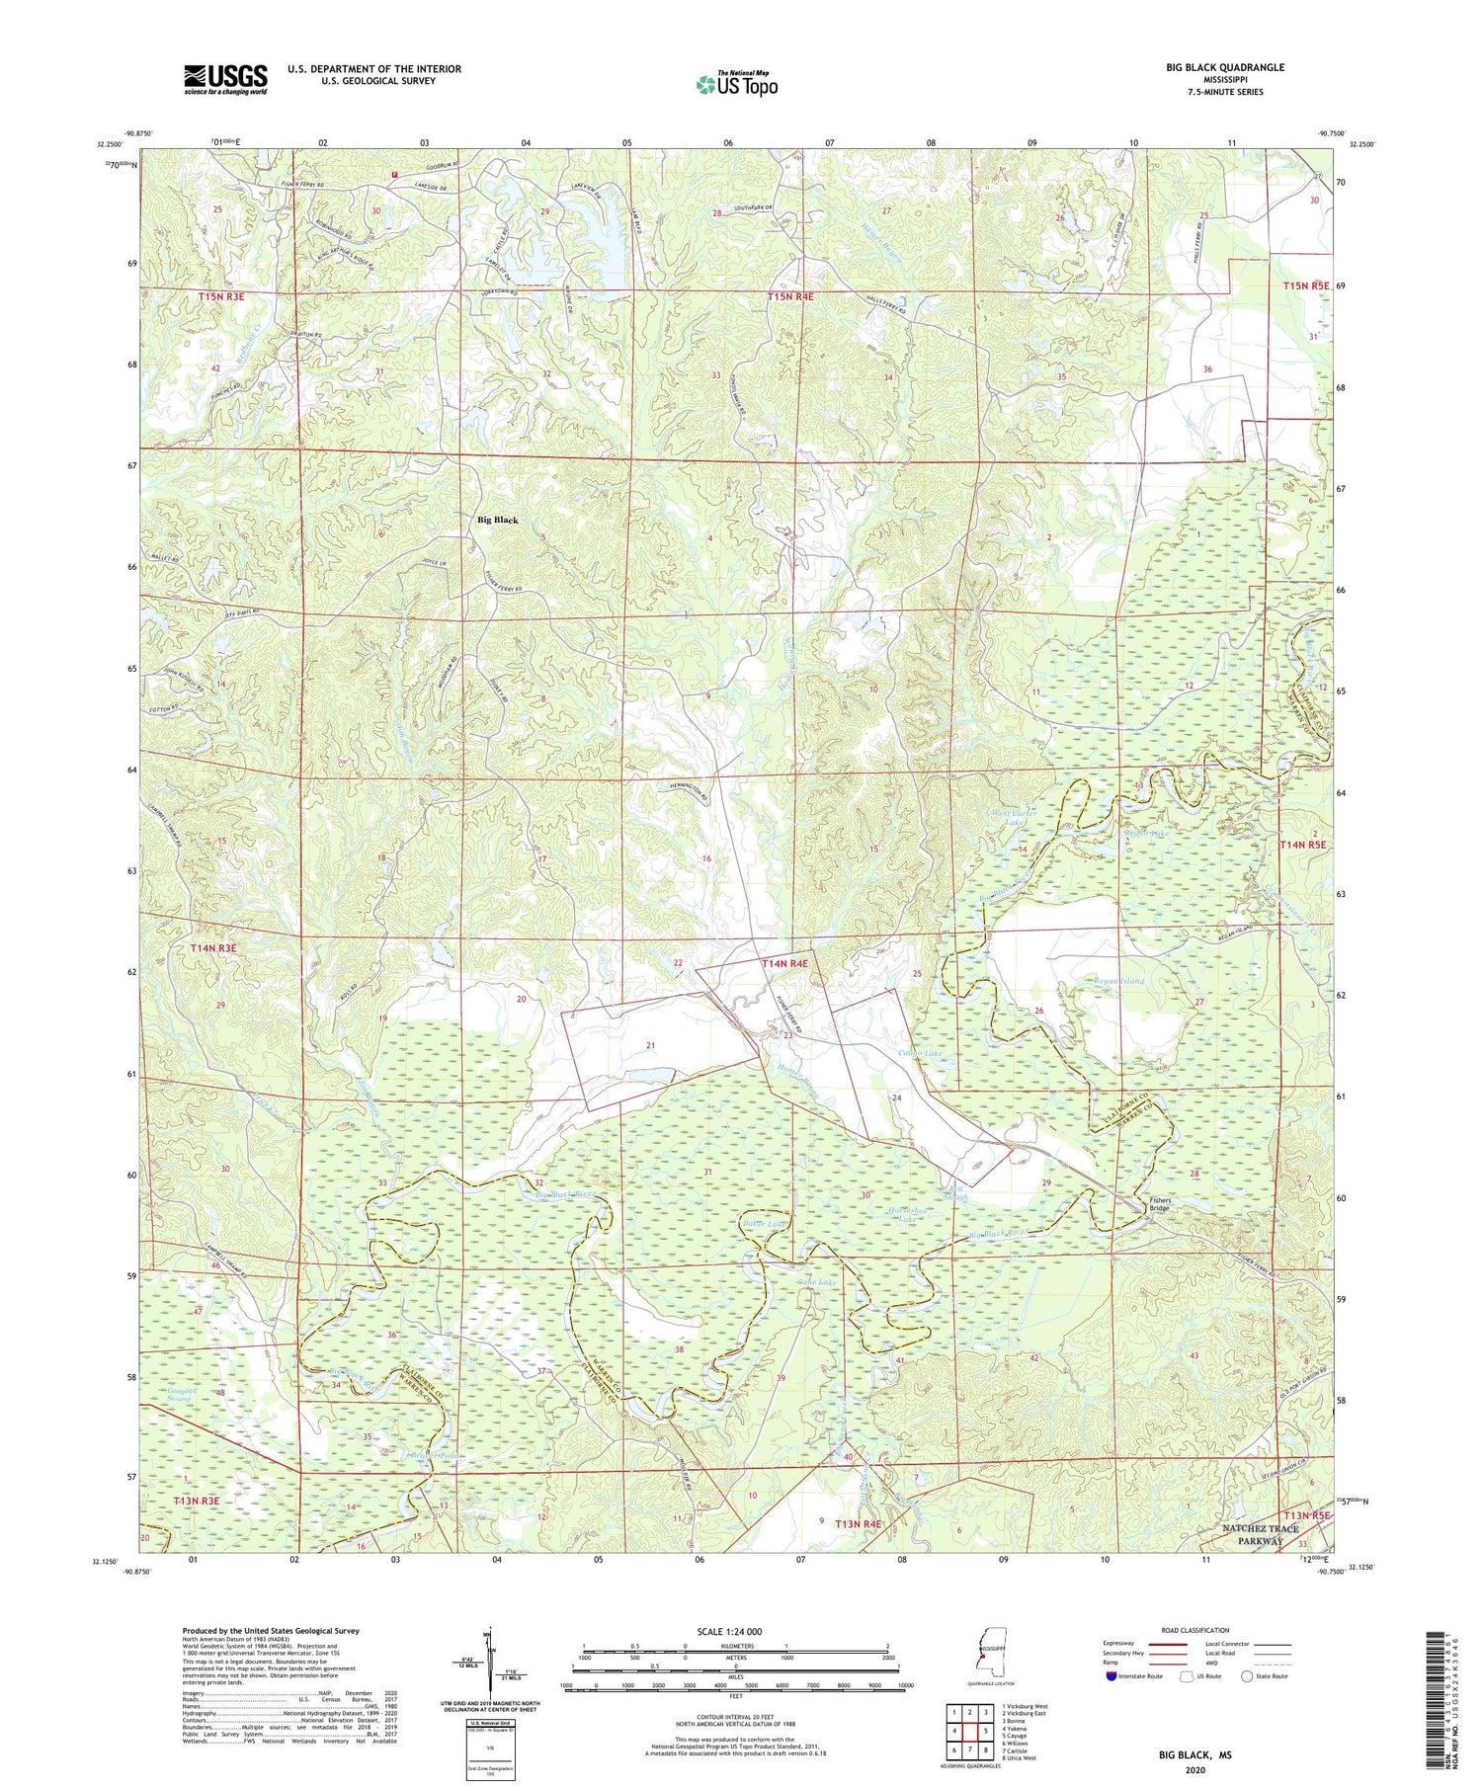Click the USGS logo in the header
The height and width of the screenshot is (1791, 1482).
click(x=225, y=79)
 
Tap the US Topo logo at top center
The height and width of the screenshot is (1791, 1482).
click(x=736, y=84)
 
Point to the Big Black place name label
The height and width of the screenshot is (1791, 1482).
click(x=497, y=520)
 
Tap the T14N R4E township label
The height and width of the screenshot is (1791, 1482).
click(x=784, y=963)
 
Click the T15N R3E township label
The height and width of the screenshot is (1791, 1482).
click(x=220, y=295)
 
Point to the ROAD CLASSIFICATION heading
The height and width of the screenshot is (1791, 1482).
click(x=1195, y=1630)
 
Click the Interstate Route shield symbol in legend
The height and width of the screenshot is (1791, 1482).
click(x=1111, y=1676)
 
